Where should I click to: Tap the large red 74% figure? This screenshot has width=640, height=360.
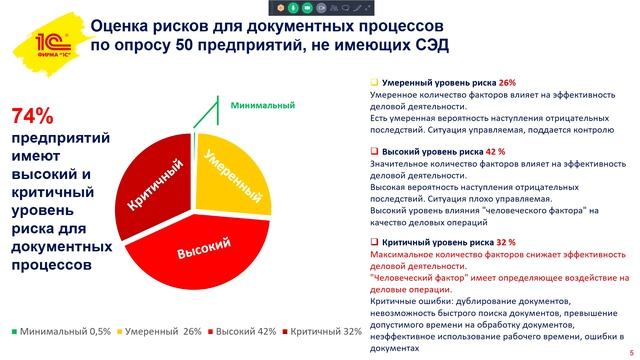pos(32,117)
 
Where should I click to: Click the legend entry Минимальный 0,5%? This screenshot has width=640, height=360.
pos(59,331)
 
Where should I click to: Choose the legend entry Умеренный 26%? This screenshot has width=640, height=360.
pos(161,331)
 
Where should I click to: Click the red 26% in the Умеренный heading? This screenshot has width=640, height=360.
pos(506,82)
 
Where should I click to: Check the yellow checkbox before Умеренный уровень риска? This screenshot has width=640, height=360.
pos(374,82)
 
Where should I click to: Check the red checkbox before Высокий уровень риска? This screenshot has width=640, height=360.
pos(374,151)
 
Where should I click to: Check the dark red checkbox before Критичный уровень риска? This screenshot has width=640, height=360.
pos(374,242)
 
